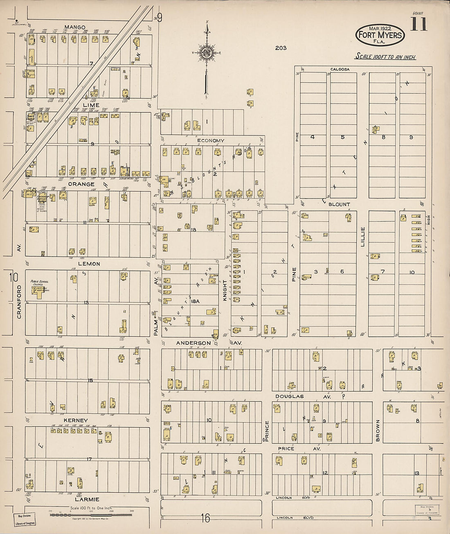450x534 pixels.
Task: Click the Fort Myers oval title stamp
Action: (x=380, y=34)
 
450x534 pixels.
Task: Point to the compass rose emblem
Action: (x=207, y=52)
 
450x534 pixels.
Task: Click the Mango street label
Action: (x=75, y=27)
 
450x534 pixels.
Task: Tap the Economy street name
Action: (x=211, y=140)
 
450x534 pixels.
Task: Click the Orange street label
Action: (x=81, y=184)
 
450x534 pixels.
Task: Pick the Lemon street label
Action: (x=89, y=264)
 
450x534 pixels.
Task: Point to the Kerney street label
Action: (x=76, y=420)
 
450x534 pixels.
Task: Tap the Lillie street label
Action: (x=362, y=237)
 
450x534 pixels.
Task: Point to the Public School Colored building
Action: (x=39, y=291)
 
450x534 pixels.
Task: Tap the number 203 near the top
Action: (x=281, y=48)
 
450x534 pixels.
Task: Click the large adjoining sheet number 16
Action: (x=205, y=518)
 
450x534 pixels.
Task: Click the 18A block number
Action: (x=195, y=301)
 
